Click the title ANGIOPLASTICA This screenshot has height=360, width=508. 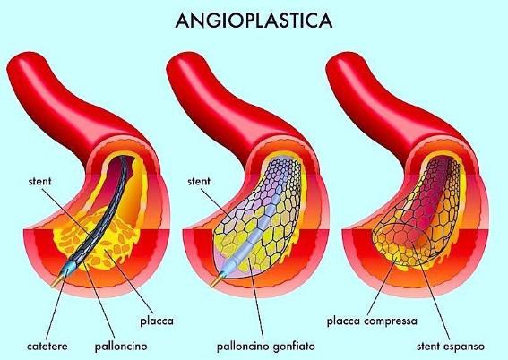[254, 21]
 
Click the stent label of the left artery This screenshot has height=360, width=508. [39, 181]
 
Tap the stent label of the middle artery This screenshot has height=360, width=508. [199, 181]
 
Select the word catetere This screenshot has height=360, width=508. [47, 346]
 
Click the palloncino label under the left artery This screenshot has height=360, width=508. [121, 347]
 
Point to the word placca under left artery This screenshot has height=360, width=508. [157, 321]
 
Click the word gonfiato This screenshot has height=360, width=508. [294, 347]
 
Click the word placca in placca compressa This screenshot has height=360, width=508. [343, 321]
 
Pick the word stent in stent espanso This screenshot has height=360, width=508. [427, 347]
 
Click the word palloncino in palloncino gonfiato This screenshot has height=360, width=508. [243, 347]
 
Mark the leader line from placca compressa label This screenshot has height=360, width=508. [382, 284]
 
